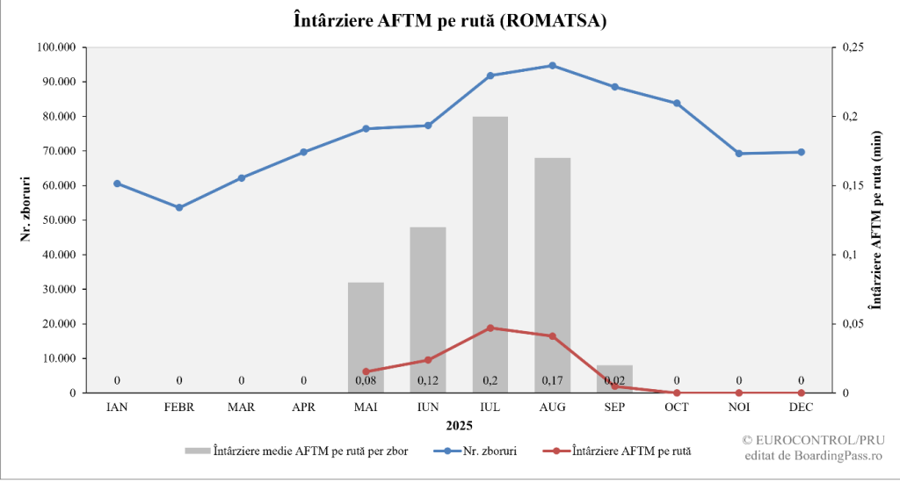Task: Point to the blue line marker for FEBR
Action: click(179, 207)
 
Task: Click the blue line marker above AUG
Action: click(553, 66)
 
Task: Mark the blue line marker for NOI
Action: click(739, 154)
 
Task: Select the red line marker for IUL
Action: click(490, 328)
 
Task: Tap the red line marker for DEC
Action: click(802, 393)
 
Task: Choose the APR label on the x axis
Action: click(303, 407)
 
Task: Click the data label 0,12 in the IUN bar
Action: click(428, 380)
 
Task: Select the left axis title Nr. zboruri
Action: click(27, 209)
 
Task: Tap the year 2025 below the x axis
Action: click(458, 426)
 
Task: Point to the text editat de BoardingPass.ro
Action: click(813, 454)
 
